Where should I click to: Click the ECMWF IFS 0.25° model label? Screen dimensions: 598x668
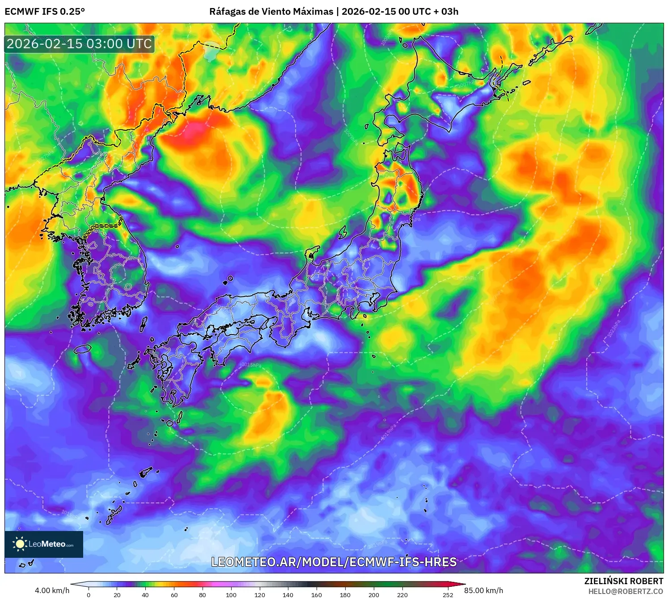coord(45,12)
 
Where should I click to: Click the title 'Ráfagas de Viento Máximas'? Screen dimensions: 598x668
coord(271,12)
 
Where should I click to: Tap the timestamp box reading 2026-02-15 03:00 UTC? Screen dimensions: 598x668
coord(80,44)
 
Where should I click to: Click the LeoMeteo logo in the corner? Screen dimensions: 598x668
coord(44,544)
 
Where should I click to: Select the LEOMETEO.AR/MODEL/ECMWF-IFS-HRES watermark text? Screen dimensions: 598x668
coord(334,562)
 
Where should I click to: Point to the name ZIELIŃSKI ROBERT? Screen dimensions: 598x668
coord(623,581)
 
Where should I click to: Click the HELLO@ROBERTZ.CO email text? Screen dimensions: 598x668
coord(625,591)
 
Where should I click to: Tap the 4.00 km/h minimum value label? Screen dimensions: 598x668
coord(52,590)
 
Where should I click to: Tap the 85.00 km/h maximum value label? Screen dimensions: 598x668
coord(483,590)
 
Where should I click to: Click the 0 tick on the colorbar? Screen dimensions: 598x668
coord(89,594)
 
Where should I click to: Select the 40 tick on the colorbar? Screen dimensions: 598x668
coord(145,594)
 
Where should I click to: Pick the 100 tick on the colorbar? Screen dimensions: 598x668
coord(231,594)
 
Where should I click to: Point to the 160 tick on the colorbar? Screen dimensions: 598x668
coord(316,594)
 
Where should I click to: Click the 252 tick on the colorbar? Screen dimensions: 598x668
coord(448,594)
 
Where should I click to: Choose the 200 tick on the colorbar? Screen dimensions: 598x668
coord(373,594)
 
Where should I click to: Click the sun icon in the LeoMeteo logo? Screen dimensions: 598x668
coord(20,544)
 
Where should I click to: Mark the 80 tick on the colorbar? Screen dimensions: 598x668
coord(202,594)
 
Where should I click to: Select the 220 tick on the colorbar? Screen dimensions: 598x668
coord(402,594)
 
